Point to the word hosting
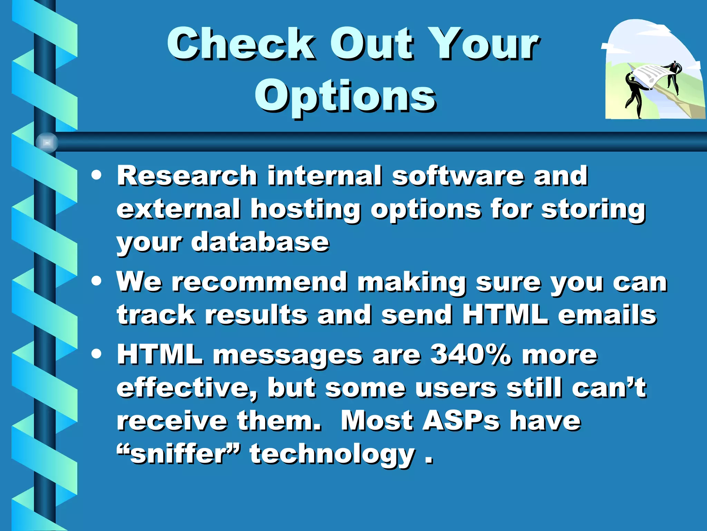306,210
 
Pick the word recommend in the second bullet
260,282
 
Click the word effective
187,388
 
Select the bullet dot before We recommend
97,281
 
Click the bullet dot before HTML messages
97,354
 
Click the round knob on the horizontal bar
47,142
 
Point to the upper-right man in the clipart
673,76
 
